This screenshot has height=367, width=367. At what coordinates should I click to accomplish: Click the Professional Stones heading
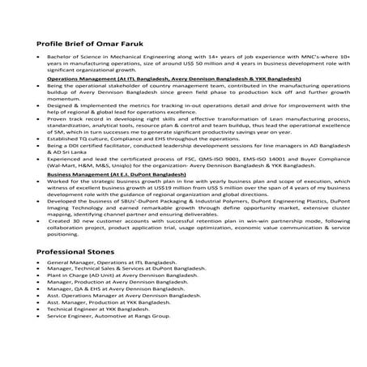coord(77,253)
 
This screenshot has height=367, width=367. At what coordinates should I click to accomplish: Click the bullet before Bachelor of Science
coord(38,58)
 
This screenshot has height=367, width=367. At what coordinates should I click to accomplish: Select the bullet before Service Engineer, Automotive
coord(38,315)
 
